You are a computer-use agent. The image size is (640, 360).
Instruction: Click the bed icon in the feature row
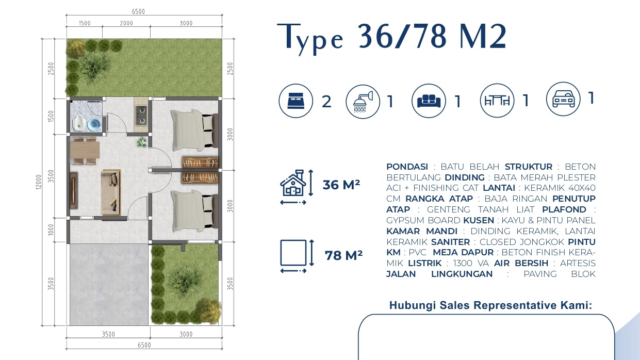[296, 101]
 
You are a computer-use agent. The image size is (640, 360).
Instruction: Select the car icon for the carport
[563, 99]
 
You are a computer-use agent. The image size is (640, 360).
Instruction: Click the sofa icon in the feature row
[429, 101]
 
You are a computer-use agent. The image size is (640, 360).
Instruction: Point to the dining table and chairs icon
[497, 101]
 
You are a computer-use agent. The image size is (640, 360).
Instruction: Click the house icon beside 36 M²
[292, 184]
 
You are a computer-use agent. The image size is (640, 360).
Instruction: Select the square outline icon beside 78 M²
[293, 254]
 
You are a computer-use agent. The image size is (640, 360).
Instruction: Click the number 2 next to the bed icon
[326, 102]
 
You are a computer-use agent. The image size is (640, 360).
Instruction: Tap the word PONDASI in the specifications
[407, 167]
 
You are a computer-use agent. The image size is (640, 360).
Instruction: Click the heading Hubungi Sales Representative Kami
[490, 305]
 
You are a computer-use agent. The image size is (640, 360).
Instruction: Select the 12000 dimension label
[39, 181]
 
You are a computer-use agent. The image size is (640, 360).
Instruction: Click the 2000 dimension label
[126, 23]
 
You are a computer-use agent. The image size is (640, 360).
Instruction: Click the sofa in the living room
[111, 192]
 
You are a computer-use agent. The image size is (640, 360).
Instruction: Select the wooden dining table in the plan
[85, 151]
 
